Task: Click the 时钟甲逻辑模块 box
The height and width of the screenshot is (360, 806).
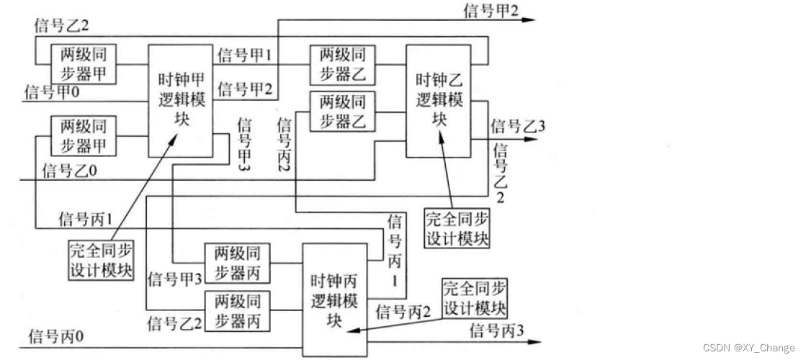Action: point(181,100)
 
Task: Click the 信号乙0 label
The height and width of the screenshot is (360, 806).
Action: point(69,171)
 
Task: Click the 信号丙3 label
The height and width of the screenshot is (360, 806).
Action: point(496,332)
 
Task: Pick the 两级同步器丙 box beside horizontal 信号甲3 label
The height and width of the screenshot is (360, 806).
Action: point(237,263)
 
